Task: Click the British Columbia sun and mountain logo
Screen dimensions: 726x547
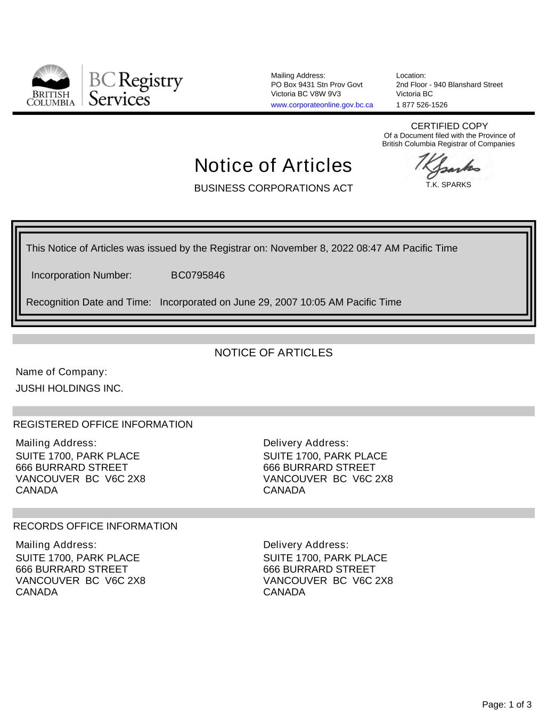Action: pos(51,85)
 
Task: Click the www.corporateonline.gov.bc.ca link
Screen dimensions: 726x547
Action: pos(322,105)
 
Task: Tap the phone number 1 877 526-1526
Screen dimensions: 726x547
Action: pos(421,105)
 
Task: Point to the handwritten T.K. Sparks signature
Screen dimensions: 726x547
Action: pos(448,167)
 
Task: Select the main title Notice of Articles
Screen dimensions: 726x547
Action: pos(273,165)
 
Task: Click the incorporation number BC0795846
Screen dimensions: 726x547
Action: pos(198,275)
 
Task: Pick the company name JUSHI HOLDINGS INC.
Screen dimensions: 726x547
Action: pos(69,388)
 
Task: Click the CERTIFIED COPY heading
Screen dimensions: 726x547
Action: pos(449,126)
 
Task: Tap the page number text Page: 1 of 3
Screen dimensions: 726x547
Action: pos(507,705)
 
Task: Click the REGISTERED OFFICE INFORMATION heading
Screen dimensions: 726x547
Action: pos(103,424)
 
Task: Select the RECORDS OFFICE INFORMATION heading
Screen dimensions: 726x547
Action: pos(95,526)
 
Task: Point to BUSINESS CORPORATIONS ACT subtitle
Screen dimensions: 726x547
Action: pos(273,188)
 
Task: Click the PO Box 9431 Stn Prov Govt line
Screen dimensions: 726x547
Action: pos(316,85)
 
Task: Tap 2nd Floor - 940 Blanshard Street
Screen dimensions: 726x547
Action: pos(449,85)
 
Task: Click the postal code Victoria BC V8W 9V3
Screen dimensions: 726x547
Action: pos(306,94)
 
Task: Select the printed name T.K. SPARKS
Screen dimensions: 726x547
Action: pos(448,185)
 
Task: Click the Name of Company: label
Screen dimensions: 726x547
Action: pos(61,372)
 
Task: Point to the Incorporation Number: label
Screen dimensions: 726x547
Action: pos(81,275)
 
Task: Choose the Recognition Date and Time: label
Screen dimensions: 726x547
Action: pos(88,302)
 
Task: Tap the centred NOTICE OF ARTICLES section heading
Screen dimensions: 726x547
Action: pos(273,353)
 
